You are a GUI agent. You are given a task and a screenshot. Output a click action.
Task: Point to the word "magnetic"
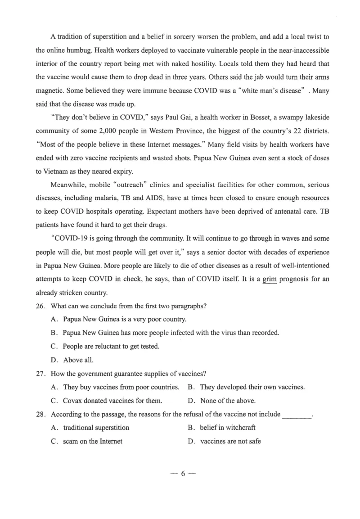[x=48, y=90]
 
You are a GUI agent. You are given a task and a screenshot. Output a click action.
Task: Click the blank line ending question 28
[x=297, y=415]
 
